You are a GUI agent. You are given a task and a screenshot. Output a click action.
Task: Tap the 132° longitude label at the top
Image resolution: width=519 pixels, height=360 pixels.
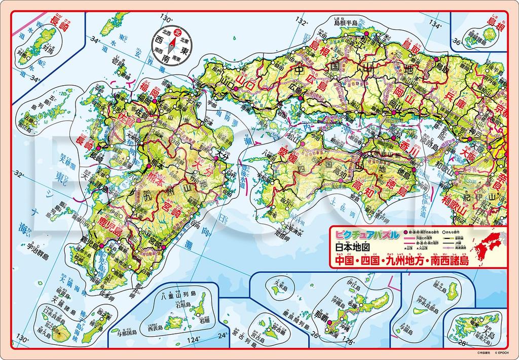point(302,22)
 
